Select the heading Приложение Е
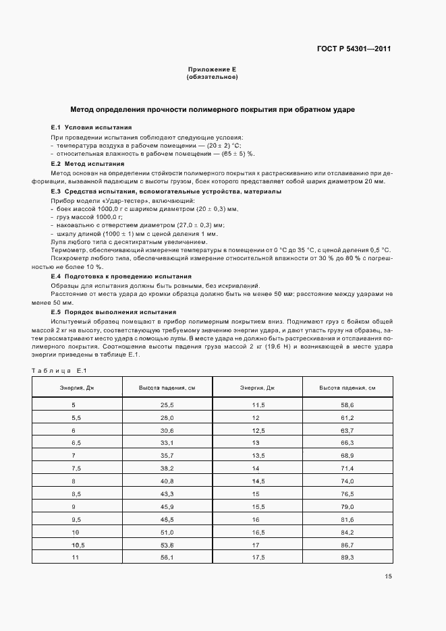click(x=212, y=70)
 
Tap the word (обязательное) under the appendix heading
click(x=212, y=77)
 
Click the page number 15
click(x=388, y=576)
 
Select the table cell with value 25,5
click(x=167, y=405)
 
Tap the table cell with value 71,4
click(x=347, y=468)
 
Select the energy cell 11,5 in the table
click(x=257, y=405)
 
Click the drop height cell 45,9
click(x=167, y=506)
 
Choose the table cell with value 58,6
click(x=347, y=405)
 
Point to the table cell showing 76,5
click(x=347, y=493)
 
